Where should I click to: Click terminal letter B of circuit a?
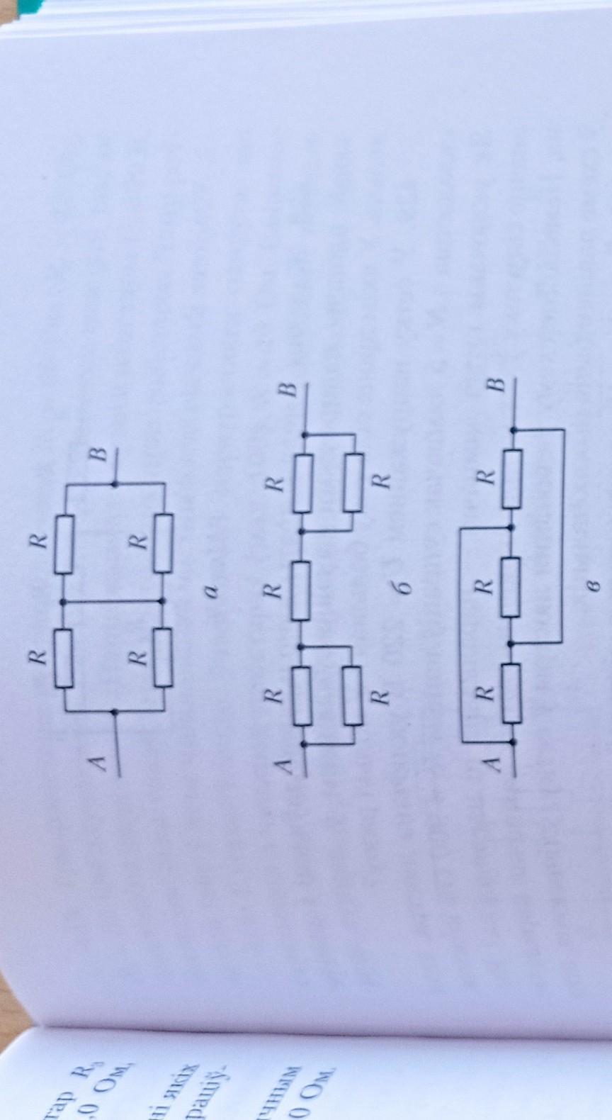(x=98, y=454)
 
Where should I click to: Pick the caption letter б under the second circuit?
(x=404, y=588)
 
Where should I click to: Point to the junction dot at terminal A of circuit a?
(x=115, y=711)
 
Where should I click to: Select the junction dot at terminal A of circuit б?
(x=305, y=744)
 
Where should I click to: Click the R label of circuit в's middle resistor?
(x=484, y=586)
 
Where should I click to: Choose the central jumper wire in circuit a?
(x=113, y=601)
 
